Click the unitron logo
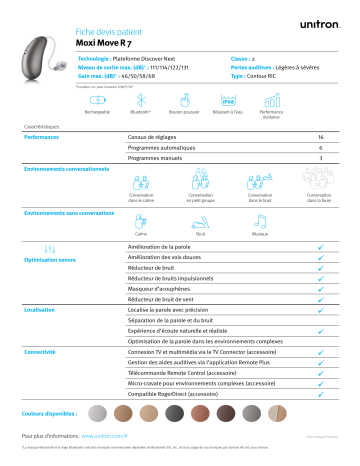321,19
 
